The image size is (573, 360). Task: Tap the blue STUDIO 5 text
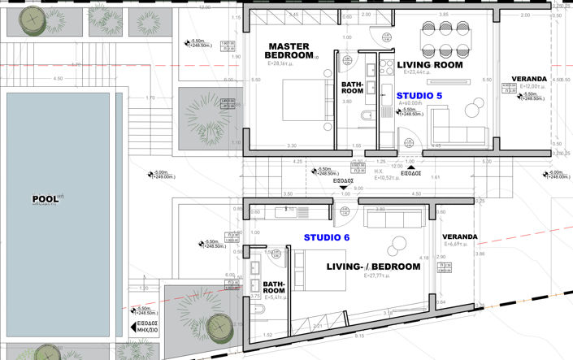(x=419, y=95)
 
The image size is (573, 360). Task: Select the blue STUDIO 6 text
(x=328, y=237)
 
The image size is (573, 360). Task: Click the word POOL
(x=45, y=198)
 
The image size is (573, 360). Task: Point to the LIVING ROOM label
(x=428, y=64)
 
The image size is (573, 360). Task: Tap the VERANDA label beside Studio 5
(x=527, y=79)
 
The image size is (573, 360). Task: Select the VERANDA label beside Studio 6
(x=460, y=237)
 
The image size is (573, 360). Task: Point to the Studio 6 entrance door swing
(x=342, y=215)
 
